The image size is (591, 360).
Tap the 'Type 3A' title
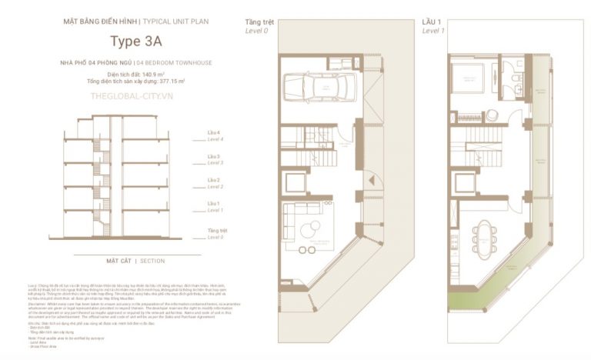(x=135, y=41)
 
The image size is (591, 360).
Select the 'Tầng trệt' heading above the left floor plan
(x=259, y=22)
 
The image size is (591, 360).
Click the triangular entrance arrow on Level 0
(x=372, y=180)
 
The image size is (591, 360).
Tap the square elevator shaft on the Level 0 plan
(x=296, y=183)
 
